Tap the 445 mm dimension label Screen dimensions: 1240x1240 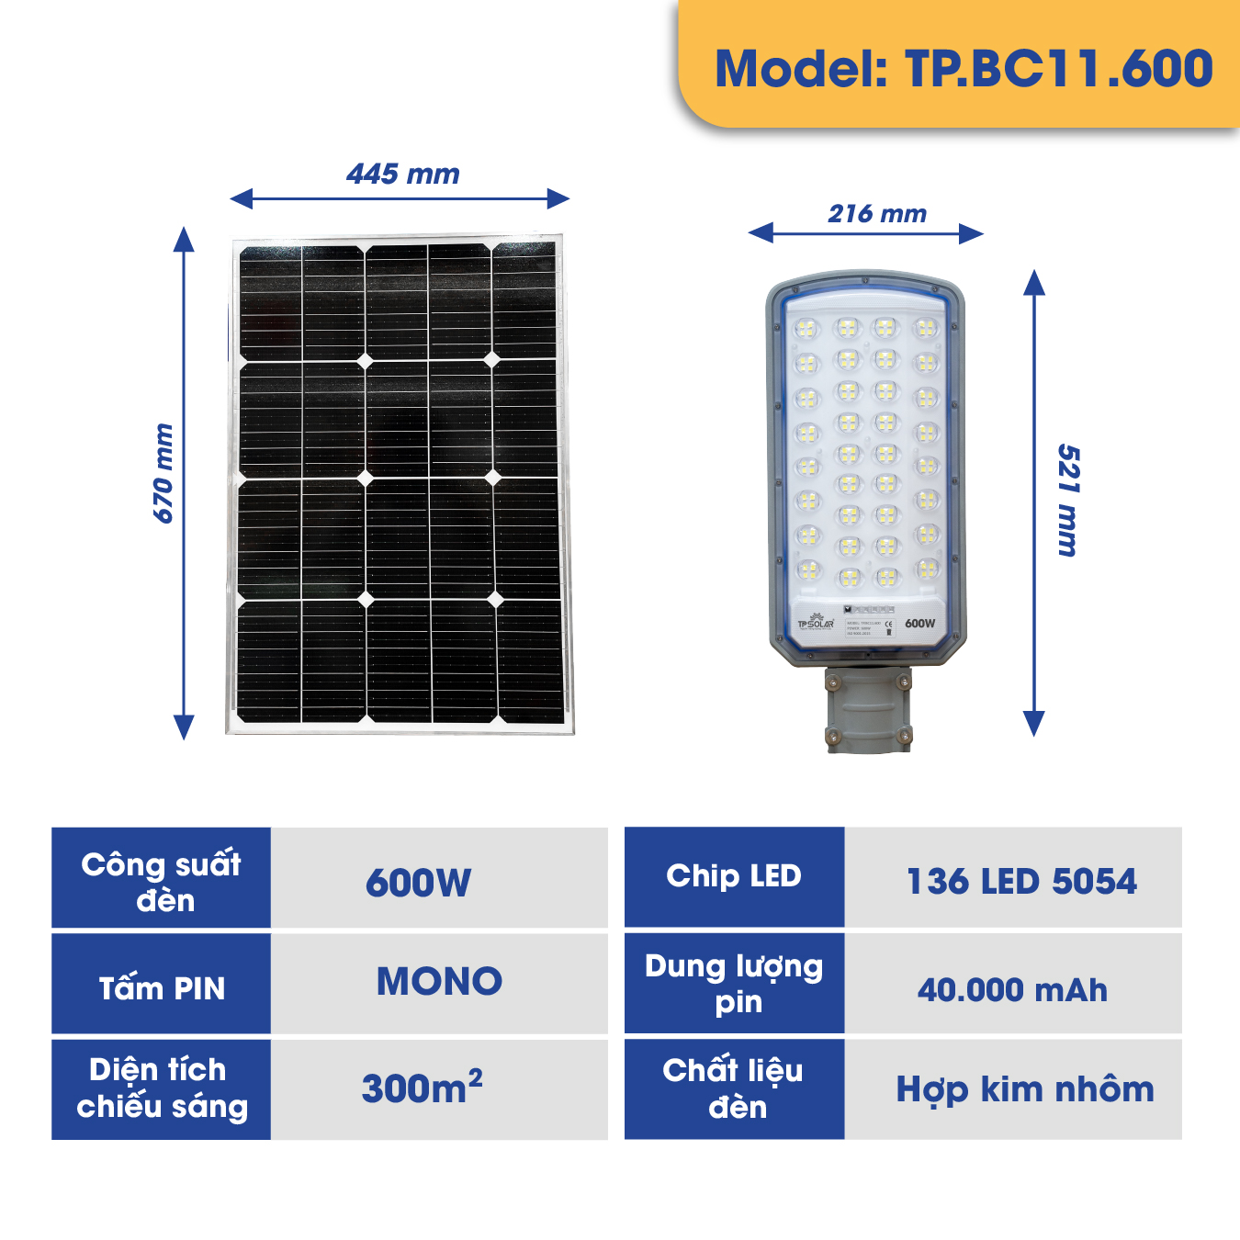pyautogui.click(x=403, y=174)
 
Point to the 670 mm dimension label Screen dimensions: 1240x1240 pyautogui.click(x=163, y=474)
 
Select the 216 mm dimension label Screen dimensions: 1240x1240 pyautogui.click(x=877, y=214)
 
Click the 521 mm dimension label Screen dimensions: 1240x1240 pyautogui.click(x=1067, y=501)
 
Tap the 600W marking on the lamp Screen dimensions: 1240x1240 pyautogui.click(x=919, y=623)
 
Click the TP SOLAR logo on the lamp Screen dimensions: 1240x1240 pyautogui.click(x=815, y=624)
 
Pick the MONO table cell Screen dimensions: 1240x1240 pyautogui.click(x=439, y=982)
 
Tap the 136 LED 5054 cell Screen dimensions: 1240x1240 pyautogui.click(x=1021, y=882)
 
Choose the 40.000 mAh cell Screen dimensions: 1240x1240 pyautogui.click(x=1012, y=990)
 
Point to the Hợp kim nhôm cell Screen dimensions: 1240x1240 pyautogui.click(x=1025, y=1089)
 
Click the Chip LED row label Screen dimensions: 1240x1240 pyautogui.click(x=734, y=876)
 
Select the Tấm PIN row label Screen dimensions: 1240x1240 pyautogui.click(x=162, y=987)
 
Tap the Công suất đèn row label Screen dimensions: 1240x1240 pyautogui.click(x=162, y=882)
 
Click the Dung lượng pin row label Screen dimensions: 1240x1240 pyautogui.click(x=734, y=984)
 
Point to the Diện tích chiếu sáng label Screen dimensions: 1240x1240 pyautogui.click(x=162, y=1088)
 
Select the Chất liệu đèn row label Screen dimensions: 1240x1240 pyautogui.click(x=734, y=1088)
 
